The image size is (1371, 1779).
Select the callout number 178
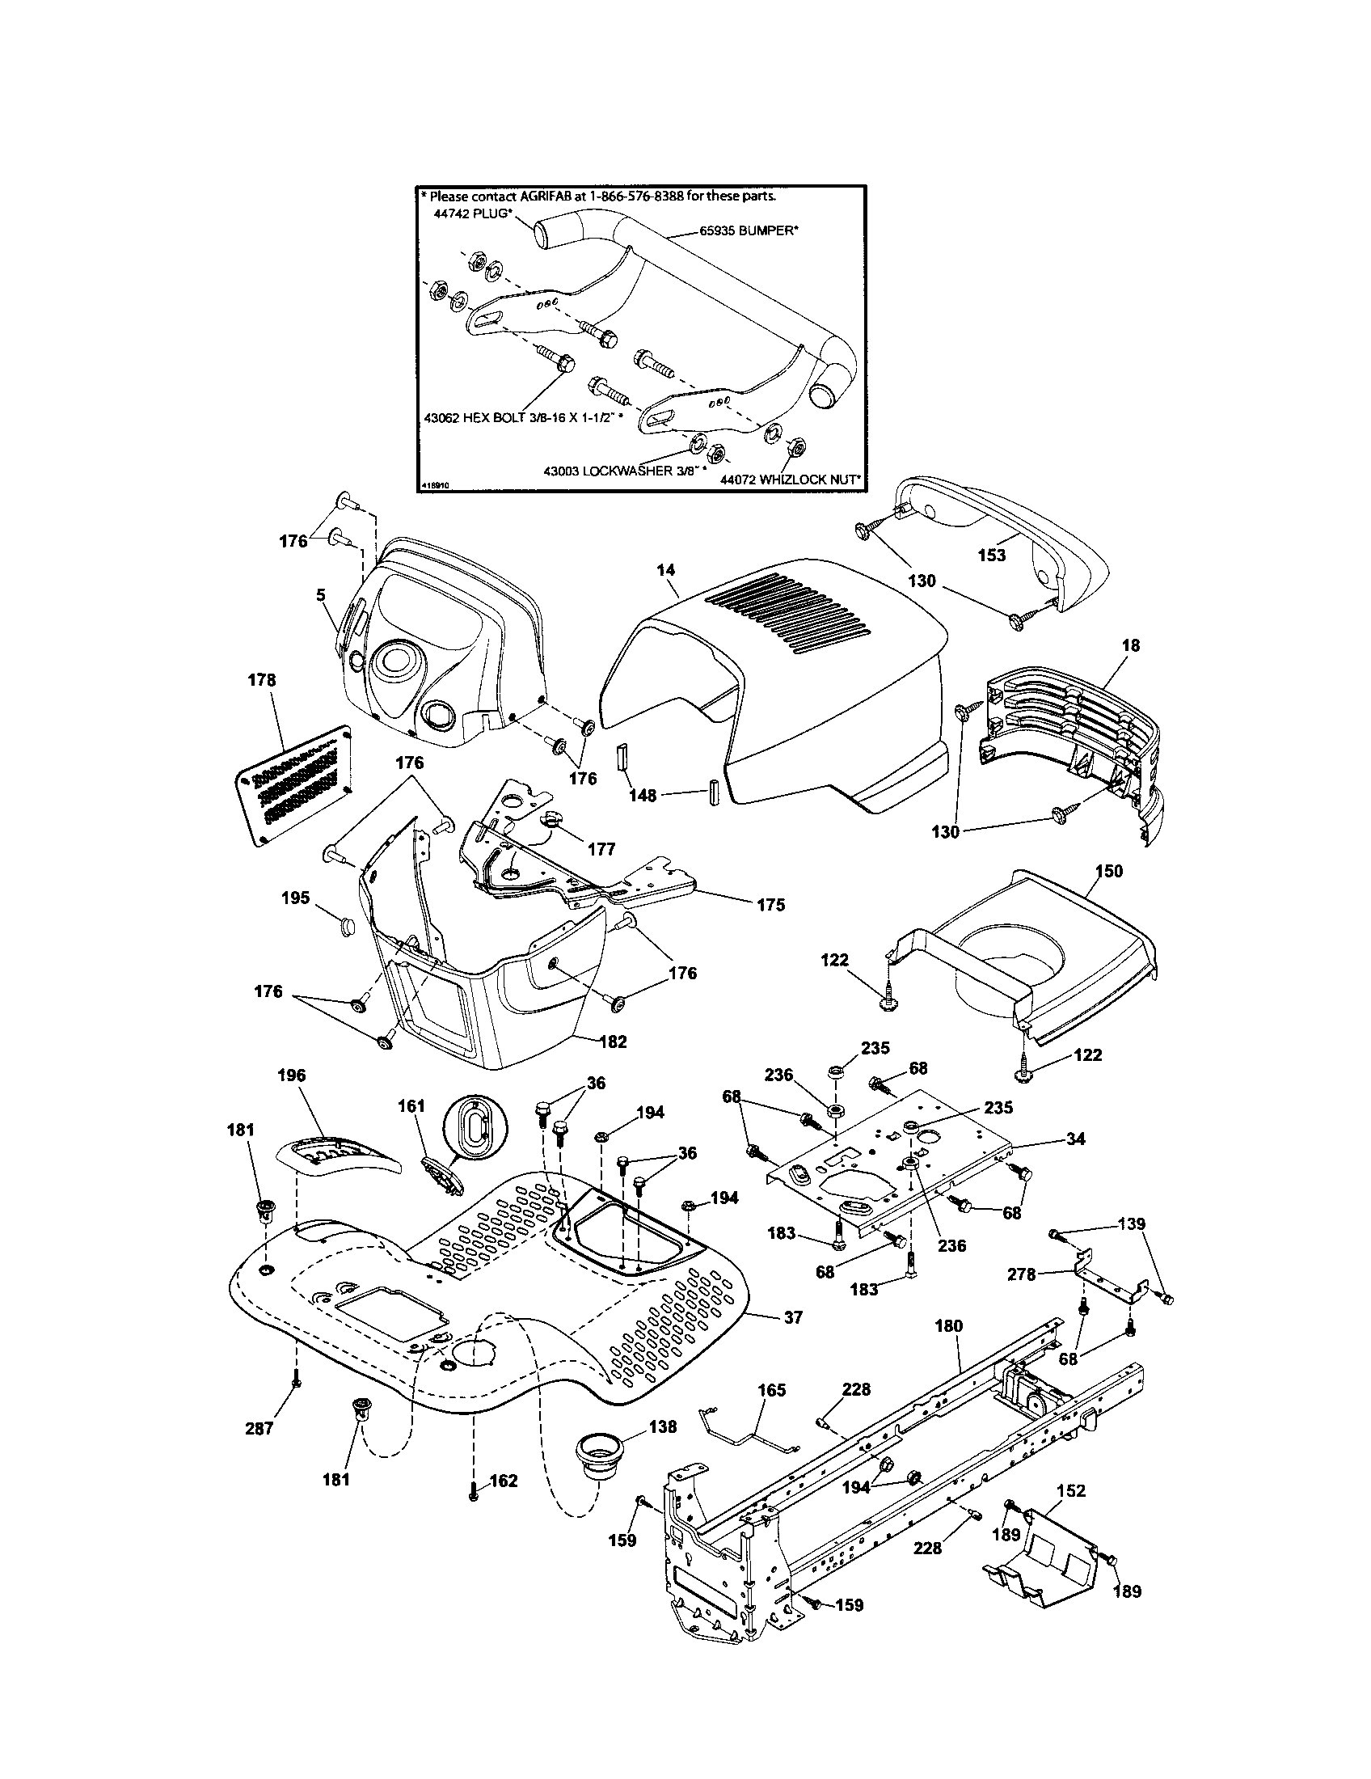coord(261,680)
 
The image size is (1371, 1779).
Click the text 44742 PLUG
coord(468,213)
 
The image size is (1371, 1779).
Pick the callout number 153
coord(992,556)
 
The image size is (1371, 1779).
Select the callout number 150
coord(1108,871)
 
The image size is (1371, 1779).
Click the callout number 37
coord(792,1317)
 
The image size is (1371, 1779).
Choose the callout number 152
coord(1070,1490)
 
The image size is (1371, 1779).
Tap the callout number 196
coord(291,1075)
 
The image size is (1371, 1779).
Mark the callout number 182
coord(612,1041)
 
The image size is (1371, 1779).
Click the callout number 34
coord(1076,1139)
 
